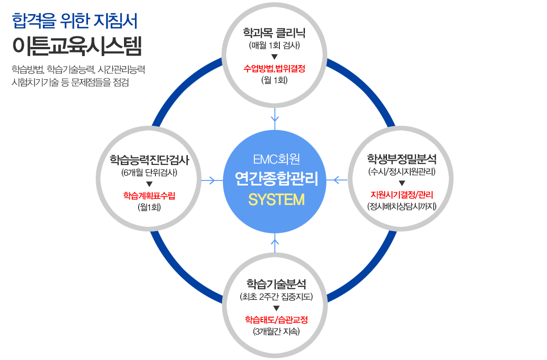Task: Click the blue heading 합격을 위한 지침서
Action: click(75, 21)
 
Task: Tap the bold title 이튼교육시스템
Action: click(77, 46)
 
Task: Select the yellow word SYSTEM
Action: click(276, 200)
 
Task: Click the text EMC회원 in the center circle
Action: click(276, 159)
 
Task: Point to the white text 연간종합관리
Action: click(276, 179)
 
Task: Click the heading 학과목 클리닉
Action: click(274, 33)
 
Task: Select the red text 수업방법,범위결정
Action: click(274, 68)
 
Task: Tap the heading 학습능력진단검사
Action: click(149, 160)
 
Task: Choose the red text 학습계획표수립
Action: click(149, 195)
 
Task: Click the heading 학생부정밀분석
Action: click(402, 159)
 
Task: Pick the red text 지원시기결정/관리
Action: click(402, 195)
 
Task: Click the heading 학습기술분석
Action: click(276, 283)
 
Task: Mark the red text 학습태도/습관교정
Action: click(276, 319)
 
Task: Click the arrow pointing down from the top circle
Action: click(275, 119)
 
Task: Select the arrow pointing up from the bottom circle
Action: click(275, 243)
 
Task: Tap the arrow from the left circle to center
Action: click(212, 180)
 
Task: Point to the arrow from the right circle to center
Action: click(337, 180)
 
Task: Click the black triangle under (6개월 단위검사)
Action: click(149, 184)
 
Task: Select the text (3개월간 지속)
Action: click(276, 331)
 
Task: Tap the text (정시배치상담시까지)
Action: click(402, 206)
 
